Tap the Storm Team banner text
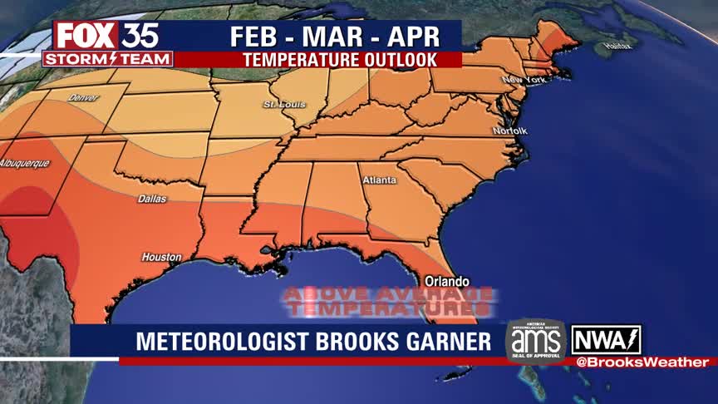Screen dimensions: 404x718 coord(108,59)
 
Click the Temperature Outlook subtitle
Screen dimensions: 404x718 coord(340,60)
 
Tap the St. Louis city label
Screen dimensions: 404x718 coord(284,105)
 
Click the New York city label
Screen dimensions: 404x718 coord(522,80)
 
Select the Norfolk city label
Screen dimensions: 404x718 coord(509,131)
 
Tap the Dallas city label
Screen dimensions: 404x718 coord(152,199)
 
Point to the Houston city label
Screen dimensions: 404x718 coord(161,257)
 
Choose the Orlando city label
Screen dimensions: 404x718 coord(447,281)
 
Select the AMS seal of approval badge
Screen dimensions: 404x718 coord(535,341)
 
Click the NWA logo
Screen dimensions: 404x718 coord(606,339)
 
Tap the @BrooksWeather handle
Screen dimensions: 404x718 coord(642,362)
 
